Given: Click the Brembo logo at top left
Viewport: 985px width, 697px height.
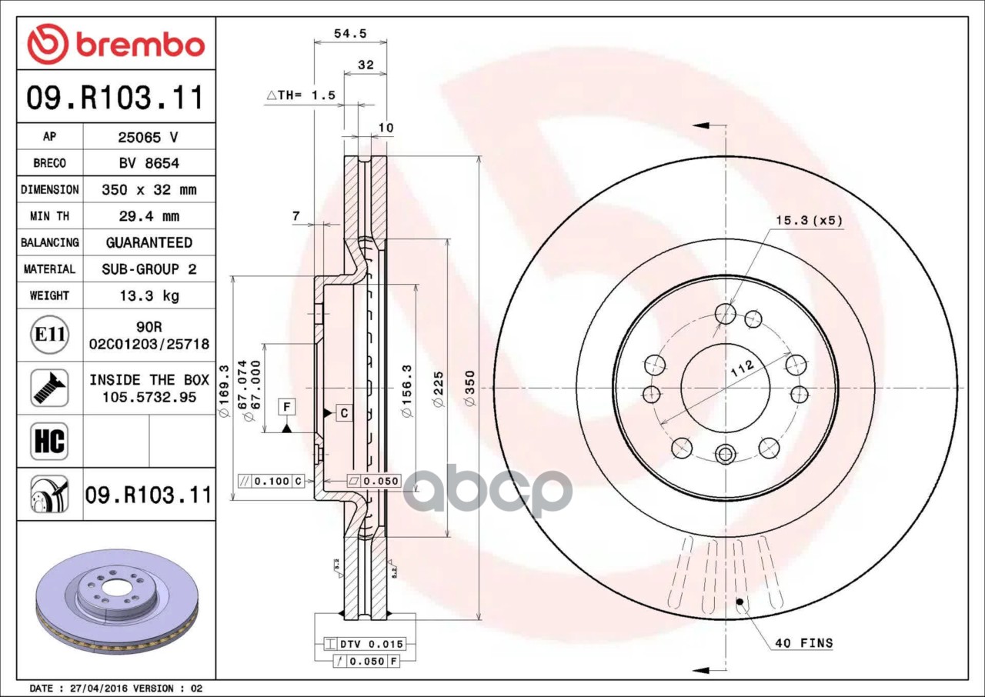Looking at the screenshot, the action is point(115,44).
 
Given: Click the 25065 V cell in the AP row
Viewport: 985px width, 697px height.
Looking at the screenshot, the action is point(148,138).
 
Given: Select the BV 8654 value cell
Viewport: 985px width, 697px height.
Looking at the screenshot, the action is point(148,163).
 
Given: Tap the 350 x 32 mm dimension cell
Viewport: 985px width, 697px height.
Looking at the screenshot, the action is point(149,189).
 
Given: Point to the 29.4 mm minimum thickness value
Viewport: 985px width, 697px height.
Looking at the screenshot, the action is point(149,216).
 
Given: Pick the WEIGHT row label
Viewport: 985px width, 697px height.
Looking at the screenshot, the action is point(49,295).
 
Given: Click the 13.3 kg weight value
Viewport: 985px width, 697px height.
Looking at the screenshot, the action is point(149,295).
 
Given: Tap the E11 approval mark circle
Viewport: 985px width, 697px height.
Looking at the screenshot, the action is point(49,335).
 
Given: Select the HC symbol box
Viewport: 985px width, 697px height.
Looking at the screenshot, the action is point(49,441).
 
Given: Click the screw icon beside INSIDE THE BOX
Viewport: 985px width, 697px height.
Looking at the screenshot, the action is point(49,388).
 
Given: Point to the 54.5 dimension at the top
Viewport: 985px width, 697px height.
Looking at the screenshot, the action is point(350,33).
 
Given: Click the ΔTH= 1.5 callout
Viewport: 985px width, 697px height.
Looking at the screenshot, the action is point(301,95).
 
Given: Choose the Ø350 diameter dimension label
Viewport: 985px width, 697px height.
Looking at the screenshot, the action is point(470,388).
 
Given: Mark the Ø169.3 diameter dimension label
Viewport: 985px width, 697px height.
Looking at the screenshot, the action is point(225,388).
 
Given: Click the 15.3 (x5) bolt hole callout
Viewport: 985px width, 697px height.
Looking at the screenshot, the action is point(808,221).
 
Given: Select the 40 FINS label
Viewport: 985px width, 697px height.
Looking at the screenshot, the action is point(803,643).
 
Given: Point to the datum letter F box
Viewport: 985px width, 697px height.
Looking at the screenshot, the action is point(286,405).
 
